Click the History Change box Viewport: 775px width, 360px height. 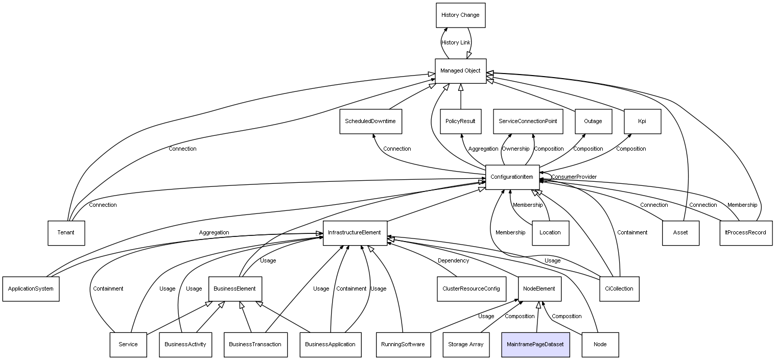(460, 15)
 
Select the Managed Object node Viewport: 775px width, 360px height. (460, 71)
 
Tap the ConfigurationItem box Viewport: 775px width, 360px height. (512, 177)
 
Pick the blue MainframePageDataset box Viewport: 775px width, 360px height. (535, 345)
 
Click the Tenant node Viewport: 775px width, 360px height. (66, 233)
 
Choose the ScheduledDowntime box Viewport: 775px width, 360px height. (370, 122)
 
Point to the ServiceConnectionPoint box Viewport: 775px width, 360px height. (528, 122)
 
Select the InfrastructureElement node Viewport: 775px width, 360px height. (355, 233)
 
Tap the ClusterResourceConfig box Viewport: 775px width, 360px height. (471, 289)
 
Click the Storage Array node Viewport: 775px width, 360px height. (466, 345)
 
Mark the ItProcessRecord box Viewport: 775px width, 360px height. (746, 233)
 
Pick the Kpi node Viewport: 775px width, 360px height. (643, 122)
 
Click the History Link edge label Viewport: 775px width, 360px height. (456, 42)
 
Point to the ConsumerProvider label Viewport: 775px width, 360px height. (574, 177)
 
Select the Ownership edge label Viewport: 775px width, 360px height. (515, 149)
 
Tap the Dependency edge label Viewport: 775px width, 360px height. (453, 261)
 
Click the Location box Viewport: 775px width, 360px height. (550, 233)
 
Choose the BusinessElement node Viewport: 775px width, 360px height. (235, 289)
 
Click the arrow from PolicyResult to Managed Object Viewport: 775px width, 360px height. (460, 97)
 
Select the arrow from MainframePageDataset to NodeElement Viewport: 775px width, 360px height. (537, 317)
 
